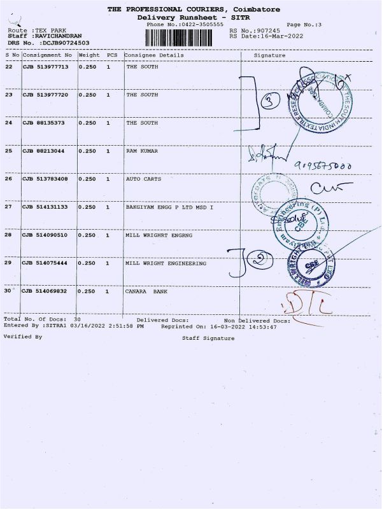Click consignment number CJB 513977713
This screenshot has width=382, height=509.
click(x=46, y=67)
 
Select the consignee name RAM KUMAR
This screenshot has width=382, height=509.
click(x=142, y=151)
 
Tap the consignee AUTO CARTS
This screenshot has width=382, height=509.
click(x=143, y=179)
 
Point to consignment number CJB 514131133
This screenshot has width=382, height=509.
click(x=46, y=207)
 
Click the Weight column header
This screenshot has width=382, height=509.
click(x=87, y=55)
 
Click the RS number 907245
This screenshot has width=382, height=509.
click(x=267, y=30)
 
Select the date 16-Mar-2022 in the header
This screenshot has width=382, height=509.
click(x=283, y=36)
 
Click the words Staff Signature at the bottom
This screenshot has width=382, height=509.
click(x=208, y=338)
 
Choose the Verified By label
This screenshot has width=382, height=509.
click(x=23, y=336)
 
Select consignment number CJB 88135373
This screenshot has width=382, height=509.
click(x=45, y=123)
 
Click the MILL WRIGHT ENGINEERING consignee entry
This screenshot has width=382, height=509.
click(x=166, y=263)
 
